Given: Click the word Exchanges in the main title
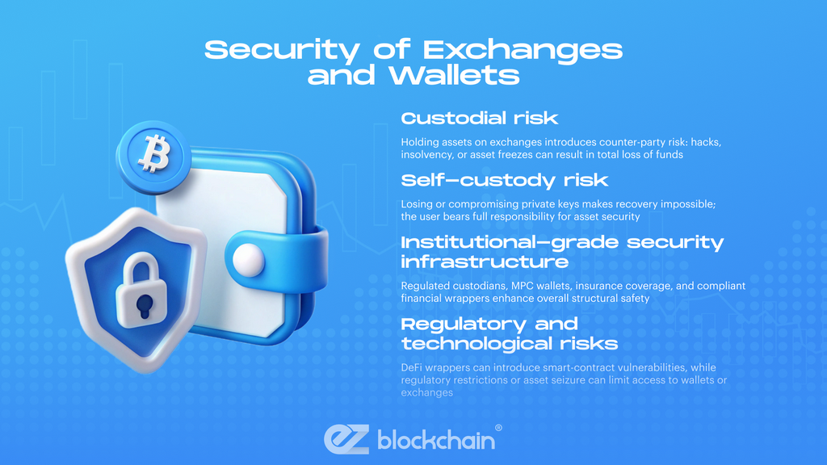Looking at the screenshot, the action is click(x=523, y=51).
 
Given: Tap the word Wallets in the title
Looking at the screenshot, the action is click(x=455, y=75).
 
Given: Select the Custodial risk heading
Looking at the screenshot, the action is click(x=480, y=118).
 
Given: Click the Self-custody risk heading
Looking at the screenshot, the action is click(x=504, y=180).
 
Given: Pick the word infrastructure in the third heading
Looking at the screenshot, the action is click(x=485, y=262).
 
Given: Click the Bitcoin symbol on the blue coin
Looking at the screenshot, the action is click(x=154, y=153).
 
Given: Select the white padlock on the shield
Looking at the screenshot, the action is click(x=141, y=290).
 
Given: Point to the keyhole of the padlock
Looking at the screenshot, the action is click(x=144, y=306).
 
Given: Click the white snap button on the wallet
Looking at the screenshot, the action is click(x=248, y=260).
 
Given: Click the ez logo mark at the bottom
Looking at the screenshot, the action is click(x=346, y=439).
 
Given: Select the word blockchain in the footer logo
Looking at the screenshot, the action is click(x=436, y=440).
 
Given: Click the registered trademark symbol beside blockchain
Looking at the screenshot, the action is click(x=498, y=428).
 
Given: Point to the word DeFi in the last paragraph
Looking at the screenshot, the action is click(x=412, y=367).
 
